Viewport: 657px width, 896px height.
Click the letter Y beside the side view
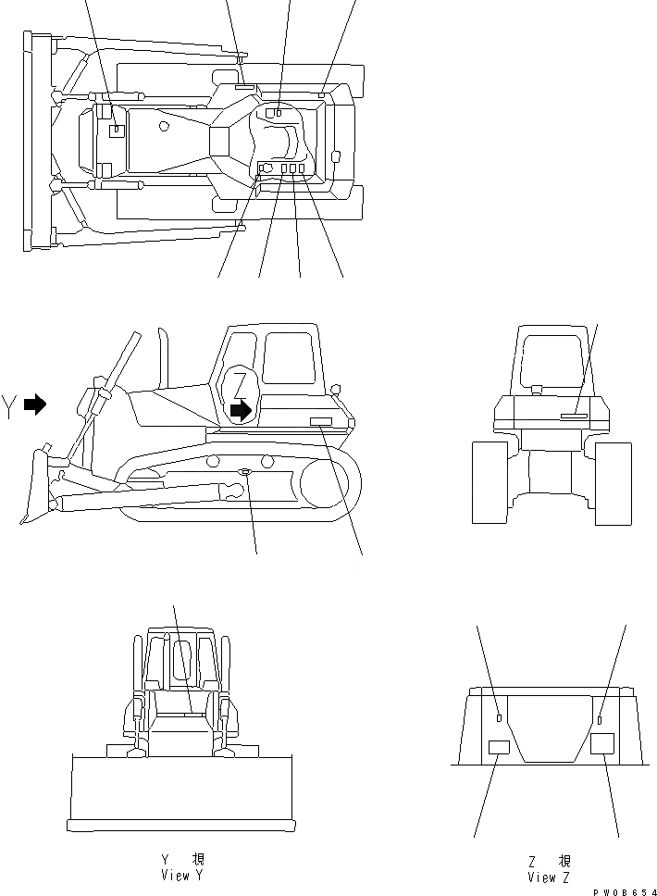(x=9, y=406)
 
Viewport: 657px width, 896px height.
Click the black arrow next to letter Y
(x=35, y=404)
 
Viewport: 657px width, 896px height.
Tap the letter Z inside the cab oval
(x=241, y=382)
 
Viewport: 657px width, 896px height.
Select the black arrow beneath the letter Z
(x=241, y=410)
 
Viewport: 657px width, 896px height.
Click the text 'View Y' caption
(x=175, y=876)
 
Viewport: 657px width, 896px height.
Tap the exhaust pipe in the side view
(x=165, y=356)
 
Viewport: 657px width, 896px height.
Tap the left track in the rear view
(x=489, y=481)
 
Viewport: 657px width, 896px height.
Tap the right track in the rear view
(x=612, y=482)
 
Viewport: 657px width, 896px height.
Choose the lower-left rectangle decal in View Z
(x=499, y=749)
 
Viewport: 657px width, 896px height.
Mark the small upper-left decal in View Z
(x=500, y=717)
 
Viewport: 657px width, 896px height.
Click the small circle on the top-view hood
(x=164, y=125)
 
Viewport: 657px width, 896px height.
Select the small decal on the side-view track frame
(x=245, y=472)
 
